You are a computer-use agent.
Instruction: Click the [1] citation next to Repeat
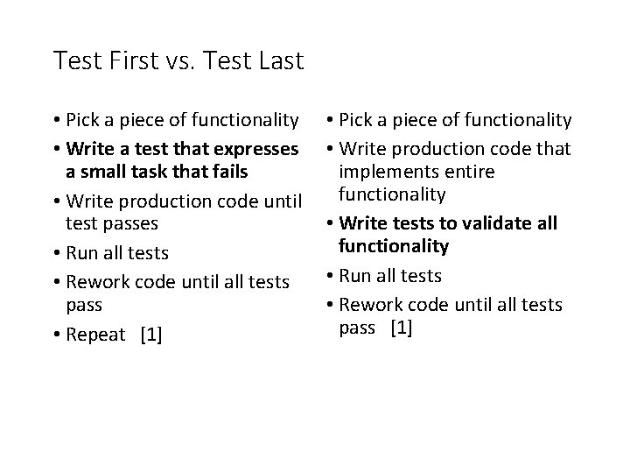150,335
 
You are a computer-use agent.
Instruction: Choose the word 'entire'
471,172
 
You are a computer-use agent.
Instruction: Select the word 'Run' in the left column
81,253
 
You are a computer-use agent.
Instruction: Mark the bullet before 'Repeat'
57,335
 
